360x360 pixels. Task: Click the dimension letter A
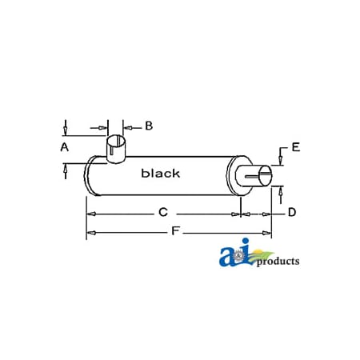(x=64, y=147)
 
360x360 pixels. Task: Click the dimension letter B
(x=149, y=126)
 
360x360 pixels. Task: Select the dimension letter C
(x=162, y=213)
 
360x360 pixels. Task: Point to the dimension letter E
(x=295, y=146)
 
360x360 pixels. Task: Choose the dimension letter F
(x=174, y=232)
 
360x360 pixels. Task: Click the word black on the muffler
(x=160, y=173)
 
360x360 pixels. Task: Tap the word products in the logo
(x=278, y=261)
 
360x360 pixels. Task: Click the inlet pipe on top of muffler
(x=118, y=152)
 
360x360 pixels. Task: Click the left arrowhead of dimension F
(x=90, y=232)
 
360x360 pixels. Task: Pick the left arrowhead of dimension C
(x=90, y=214)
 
